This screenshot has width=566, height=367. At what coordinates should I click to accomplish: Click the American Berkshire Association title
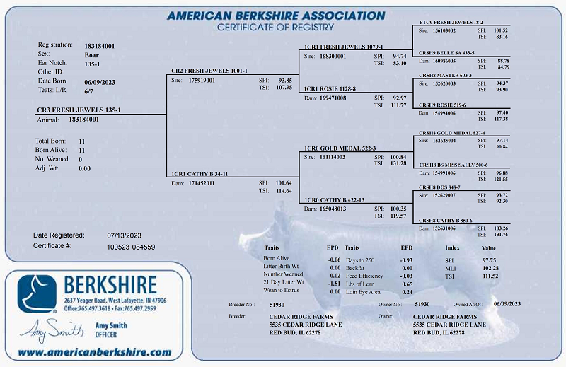pyautogui.click(x=276, y=16)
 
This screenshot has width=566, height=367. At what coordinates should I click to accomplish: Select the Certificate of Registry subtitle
pyautogui.click(x=275, y=27)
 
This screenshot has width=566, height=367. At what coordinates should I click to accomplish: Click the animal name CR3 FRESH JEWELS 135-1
pyautogui.click(x=79, y=110)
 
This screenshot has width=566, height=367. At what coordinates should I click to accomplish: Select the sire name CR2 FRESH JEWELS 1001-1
pyautogui.click(x=209, y=71)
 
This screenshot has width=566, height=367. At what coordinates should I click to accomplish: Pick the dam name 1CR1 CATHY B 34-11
pyautogui.click(x=200, y=174)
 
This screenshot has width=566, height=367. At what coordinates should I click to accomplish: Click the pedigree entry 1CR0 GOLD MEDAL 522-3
pyautogui.click(x=340, y=148)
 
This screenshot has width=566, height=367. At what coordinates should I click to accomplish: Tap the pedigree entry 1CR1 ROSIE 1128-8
pyautogui.click(x=330, y=88)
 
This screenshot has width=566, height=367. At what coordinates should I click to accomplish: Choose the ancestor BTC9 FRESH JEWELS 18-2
pyautogui.click(x=453, y=23)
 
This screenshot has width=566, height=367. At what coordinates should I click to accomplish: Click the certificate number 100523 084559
pyautogui.click(x=131, y=247)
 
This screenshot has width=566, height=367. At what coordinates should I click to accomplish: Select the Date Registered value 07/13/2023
pyautogui.click(x=125, y=235)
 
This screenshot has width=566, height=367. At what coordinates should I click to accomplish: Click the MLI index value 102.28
pyautogui.click(x=490, y=267)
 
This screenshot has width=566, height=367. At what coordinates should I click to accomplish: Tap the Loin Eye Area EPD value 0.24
pyautogui.click(x=407, y=292)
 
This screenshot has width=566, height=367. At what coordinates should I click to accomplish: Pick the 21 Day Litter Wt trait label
pyautogui.click(x=284, y=283)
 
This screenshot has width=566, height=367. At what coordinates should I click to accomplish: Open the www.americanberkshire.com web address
pyautogui.click(x=94, y=351)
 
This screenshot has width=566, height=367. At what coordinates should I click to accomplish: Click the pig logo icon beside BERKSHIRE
pyautogui.click(x=37, y=293)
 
